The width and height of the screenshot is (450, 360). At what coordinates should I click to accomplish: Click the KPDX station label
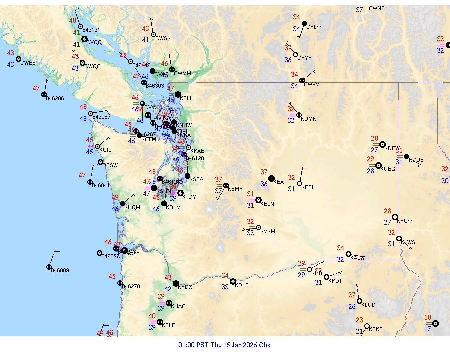[185, 287]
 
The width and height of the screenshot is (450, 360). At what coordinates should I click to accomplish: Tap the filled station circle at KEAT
[271, 178]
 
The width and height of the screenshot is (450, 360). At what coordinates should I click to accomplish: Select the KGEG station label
[388, 169]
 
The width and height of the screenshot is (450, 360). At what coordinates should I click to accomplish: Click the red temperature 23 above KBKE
[360, 320]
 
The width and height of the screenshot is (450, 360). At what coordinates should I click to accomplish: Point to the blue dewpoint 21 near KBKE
[359, 331]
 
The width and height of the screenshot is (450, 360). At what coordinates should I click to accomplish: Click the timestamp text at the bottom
[224, 345]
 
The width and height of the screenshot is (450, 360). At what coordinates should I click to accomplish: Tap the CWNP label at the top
[377, 9]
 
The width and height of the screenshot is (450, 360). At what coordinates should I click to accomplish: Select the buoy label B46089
[60, 270]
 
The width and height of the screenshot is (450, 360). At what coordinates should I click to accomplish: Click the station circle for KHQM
[122, 203]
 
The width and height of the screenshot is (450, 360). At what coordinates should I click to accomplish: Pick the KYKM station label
[268, 232]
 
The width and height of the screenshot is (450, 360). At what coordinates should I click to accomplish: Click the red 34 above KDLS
[225, 276]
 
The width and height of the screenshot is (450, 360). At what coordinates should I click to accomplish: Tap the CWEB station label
[28, 63]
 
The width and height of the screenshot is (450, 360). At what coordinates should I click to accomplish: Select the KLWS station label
[408, 242]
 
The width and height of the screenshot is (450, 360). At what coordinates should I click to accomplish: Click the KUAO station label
[178, 307]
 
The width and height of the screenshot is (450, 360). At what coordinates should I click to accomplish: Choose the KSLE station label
[169, 325]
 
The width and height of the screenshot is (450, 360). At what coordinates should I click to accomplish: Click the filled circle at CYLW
[304, 23]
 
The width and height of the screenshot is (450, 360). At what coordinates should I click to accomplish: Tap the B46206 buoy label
[55, 98]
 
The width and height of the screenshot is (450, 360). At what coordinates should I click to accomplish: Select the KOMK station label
[309, 119]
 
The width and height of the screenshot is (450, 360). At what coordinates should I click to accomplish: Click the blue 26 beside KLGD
[352, 306]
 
